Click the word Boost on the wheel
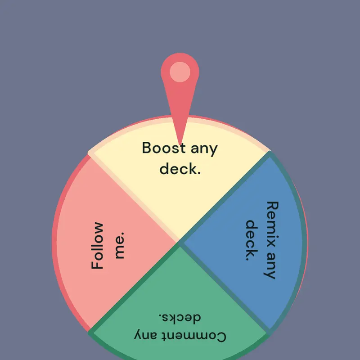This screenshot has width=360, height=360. click(x=164, y=148)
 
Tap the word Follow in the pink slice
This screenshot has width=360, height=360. click(x=97, y=245)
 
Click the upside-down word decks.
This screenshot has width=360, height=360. click(x=180, y=317)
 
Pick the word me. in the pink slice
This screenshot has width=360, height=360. click(x=120, y=245)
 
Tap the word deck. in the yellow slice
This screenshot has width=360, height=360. click(x=180, y=168)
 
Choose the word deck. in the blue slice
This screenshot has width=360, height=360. click(x=252, y=240)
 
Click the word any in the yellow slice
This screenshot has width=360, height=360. click(x=204, y=149)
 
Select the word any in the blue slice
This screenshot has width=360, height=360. click(x=270, y=265)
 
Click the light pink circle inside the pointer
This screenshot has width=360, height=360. click(x=180, y=72)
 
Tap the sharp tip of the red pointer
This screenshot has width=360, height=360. click(x=180, y=144)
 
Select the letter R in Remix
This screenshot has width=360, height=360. click(x=273, y=206)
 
